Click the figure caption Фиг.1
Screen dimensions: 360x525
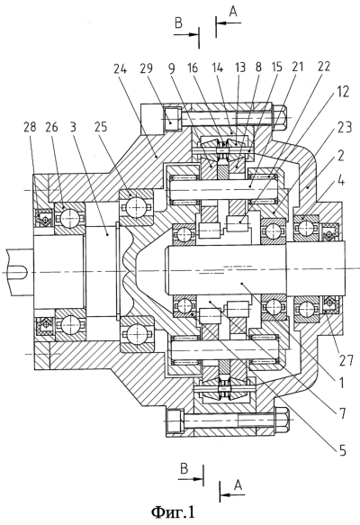pos(173,511)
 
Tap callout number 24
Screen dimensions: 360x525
pos(121,69)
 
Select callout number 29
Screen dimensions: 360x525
pos(146,68)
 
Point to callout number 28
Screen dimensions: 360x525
pos(30,127)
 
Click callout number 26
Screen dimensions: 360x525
pos(52,127)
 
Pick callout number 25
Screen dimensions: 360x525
pos(102,127)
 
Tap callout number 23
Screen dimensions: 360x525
pos(345,128)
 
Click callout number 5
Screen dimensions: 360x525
pos(342,450)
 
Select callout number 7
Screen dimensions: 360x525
pos(342,413)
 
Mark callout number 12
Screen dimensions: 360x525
pos(343,92)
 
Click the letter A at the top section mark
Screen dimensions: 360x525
pos(233,12)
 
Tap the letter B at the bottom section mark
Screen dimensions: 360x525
pos(184,469)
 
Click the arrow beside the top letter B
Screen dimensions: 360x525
pos(186,34)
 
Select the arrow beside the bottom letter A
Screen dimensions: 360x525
pos(233,494)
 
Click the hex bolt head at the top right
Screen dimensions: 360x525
pos(279,118)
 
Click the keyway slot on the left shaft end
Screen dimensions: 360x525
pos(18,273)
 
